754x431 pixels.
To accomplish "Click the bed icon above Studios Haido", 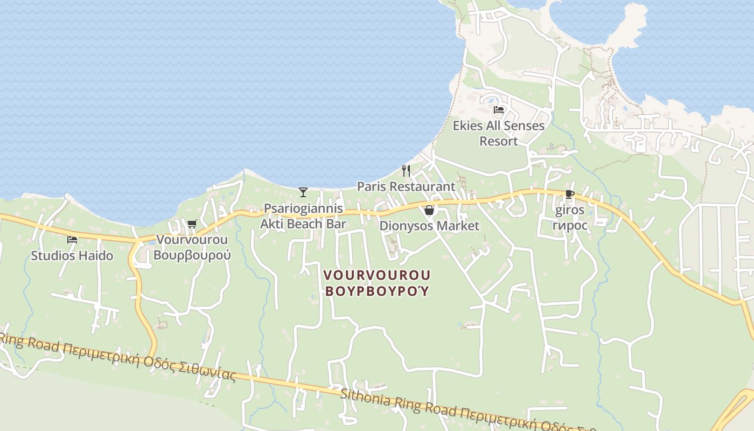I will tap(72, 240).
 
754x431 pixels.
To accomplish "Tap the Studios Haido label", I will tap(72, 255).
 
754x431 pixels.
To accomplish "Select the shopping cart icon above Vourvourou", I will tap(192, 224).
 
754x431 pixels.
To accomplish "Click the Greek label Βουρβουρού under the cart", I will tap(192, 255).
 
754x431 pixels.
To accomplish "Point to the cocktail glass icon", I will tap(303, 192).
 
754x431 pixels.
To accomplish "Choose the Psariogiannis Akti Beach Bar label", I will tap(303, 216).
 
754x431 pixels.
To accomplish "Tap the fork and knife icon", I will tap(406, 171).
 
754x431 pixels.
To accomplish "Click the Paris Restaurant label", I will tap(406, 186).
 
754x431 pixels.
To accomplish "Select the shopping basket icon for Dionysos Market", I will tap(429, 210).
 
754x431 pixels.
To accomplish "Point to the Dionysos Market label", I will tap(429, 226).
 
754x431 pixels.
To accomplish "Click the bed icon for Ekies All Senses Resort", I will tap(499, 110).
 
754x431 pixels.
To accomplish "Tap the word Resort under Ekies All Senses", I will tap(499, 141).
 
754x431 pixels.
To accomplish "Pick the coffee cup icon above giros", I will tap(570, 194).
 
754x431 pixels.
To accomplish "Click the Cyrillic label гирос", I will tap(570, 225).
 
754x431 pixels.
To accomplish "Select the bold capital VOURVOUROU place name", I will tap(377, 275).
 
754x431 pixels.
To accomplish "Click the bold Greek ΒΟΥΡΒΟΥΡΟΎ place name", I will tap(377, 291).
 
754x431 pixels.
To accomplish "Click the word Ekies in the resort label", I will tap(467, 126).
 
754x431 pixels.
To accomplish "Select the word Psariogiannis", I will tap(303, 208).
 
